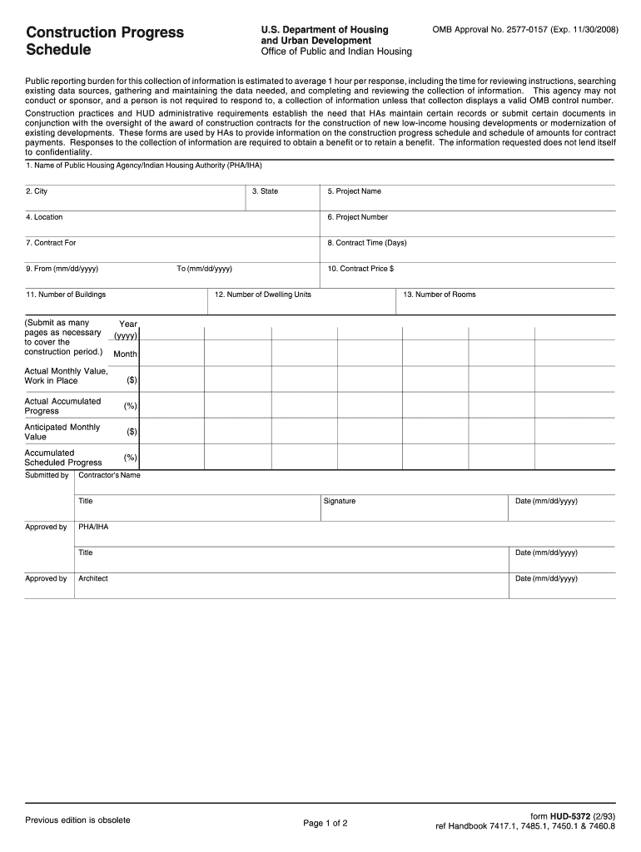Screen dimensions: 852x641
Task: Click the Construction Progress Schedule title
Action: [x=104, y=41]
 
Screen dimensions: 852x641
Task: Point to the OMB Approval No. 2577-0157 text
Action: [x=525, y=30]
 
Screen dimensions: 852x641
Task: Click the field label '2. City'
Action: [x=36, y=191]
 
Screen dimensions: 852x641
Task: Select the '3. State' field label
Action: [x=265, y=191]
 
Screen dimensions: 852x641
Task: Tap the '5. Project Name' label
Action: [x=354, y=191]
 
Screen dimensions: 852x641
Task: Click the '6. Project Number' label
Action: [x=357, y=217]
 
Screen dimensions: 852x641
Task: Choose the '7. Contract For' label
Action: [x=51, y=243]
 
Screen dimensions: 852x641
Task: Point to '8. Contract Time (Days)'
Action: [x=366, y=243]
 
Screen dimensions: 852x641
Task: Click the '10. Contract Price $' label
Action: [x=360, y=269]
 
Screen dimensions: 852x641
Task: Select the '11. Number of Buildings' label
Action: [x=66, y=295]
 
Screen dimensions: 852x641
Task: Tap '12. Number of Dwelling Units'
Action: [x=262, y=295]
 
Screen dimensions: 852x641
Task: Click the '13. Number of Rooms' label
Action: [x=439, y=295]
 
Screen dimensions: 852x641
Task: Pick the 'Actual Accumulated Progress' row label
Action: [x=62, y=406]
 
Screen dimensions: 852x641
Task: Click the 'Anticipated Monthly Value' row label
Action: [x=62, y=432]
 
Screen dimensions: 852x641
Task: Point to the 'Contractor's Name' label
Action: [x=109, y=475]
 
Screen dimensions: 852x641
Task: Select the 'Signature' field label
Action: [x=339, y=501]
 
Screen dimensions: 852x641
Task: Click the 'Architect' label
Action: [x=92, y=578]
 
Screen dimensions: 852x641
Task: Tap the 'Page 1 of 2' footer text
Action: [x=325, y=823]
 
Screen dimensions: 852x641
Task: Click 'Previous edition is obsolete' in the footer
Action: [x=77, y=820]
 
